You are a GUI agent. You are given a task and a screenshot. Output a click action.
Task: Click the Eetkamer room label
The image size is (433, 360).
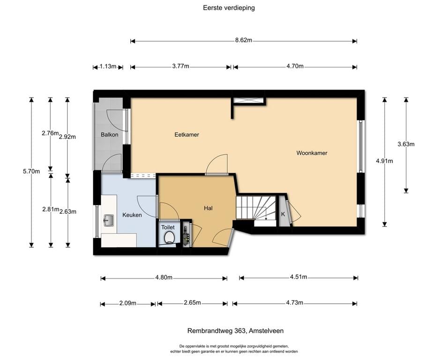pos(187,135)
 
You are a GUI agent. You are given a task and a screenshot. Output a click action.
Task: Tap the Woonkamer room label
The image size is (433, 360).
pos(312,153)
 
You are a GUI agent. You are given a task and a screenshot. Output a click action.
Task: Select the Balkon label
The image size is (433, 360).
pos(109,135)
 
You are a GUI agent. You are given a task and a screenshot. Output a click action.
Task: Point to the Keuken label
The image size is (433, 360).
pos(132,215)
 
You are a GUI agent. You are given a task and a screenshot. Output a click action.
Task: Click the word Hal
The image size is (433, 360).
pos(208,208)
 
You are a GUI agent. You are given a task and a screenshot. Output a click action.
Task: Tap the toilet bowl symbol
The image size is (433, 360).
pos(169,237)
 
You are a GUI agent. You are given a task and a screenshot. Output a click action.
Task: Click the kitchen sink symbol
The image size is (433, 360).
pos(109,220)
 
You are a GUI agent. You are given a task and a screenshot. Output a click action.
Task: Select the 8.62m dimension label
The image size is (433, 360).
pos(244,40)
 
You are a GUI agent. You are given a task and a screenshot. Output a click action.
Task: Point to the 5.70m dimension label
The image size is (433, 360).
pos(31,171)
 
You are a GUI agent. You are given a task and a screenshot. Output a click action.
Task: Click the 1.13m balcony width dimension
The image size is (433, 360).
pos(108,66)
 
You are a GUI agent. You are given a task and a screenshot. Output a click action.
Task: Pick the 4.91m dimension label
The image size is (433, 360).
pos(384,161)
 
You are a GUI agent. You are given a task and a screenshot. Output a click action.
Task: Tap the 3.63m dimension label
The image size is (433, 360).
pos(406,144)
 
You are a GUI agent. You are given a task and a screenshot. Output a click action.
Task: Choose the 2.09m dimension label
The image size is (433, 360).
pos(127,303)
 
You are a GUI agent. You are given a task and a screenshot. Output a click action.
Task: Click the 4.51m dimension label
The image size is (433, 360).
pos(299,277)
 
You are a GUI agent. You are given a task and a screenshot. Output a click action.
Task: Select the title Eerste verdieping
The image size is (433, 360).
pos(229,8)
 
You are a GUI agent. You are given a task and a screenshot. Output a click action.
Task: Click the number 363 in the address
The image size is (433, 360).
pos(240,330)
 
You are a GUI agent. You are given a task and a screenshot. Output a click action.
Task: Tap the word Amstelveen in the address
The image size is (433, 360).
pos(266,330)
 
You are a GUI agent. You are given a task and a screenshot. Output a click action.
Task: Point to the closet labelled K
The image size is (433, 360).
pos(283,211)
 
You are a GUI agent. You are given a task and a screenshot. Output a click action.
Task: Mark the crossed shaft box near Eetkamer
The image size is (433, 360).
pos(248,100)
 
